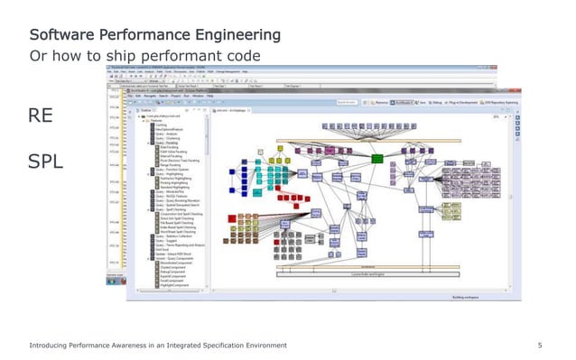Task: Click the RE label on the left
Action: [42, 115]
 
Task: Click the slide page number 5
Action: [539, 346]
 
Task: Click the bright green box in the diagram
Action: [376, 160]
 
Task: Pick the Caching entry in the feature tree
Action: [162, 125]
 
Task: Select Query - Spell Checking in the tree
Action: [172, 208]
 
